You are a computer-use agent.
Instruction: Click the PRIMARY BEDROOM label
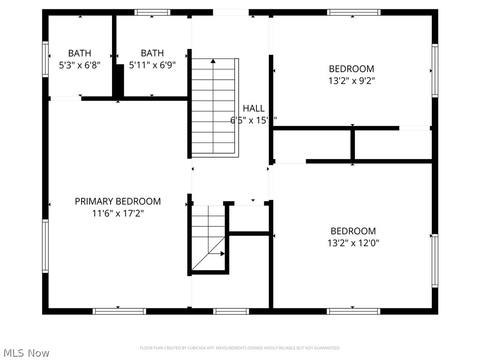118,201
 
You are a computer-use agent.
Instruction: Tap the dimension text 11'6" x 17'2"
118,213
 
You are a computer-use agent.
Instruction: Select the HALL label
253,108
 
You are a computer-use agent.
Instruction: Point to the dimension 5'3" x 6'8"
80,65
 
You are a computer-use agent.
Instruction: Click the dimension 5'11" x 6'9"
152,65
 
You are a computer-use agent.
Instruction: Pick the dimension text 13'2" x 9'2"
351,81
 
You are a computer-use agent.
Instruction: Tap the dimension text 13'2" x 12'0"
353,243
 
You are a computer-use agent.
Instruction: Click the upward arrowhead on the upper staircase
213,61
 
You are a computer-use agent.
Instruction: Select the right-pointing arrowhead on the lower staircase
223,254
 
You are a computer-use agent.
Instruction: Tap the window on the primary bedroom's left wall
45,246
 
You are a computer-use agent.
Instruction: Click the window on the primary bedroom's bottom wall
119,311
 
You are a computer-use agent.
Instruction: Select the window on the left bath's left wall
45,59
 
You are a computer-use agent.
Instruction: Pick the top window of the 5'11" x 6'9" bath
152,13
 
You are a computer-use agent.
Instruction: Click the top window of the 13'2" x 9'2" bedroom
353,13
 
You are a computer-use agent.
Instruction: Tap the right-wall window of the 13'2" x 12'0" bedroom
435,261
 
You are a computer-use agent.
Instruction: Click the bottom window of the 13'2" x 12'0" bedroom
353,311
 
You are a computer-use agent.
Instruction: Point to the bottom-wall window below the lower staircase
231,311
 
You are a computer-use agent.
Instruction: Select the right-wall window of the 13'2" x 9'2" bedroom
435,71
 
